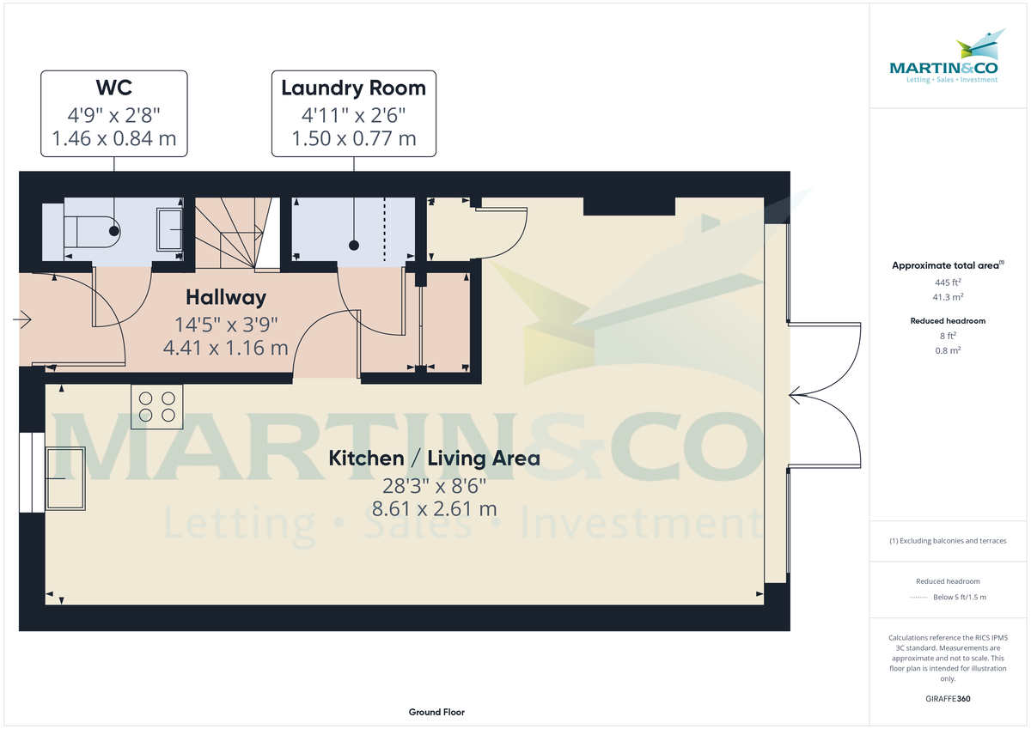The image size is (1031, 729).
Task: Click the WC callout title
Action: tap(113, 88)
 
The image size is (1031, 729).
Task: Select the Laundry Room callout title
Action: tap(353, 88)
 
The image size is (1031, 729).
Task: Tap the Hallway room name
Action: tap(226, 298)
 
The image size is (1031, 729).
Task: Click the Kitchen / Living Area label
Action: tap(434, 459)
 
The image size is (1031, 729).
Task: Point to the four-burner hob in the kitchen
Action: tap(156, 406)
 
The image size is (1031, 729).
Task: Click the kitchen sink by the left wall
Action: tap(66, 478)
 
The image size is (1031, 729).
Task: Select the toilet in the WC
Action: tap(93, 229)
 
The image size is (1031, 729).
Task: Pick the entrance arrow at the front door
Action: tap(23, 320)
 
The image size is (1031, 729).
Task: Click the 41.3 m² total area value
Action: tap(948, 297)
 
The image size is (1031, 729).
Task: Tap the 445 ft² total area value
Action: tap(948, 282)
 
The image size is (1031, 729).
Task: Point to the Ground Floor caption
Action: tap(436, 713)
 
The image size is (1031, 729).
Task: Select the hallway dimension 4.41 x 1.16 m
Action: tap(225, 348)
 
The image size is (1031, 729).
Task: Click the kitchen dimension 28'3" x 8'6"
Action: tap(434, 485)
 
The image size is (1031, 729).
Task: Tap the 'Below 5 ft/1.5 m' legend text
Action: tap(960, 597)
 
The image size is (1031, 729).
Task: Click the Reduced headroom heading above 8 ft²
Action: tap(948, 321)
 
